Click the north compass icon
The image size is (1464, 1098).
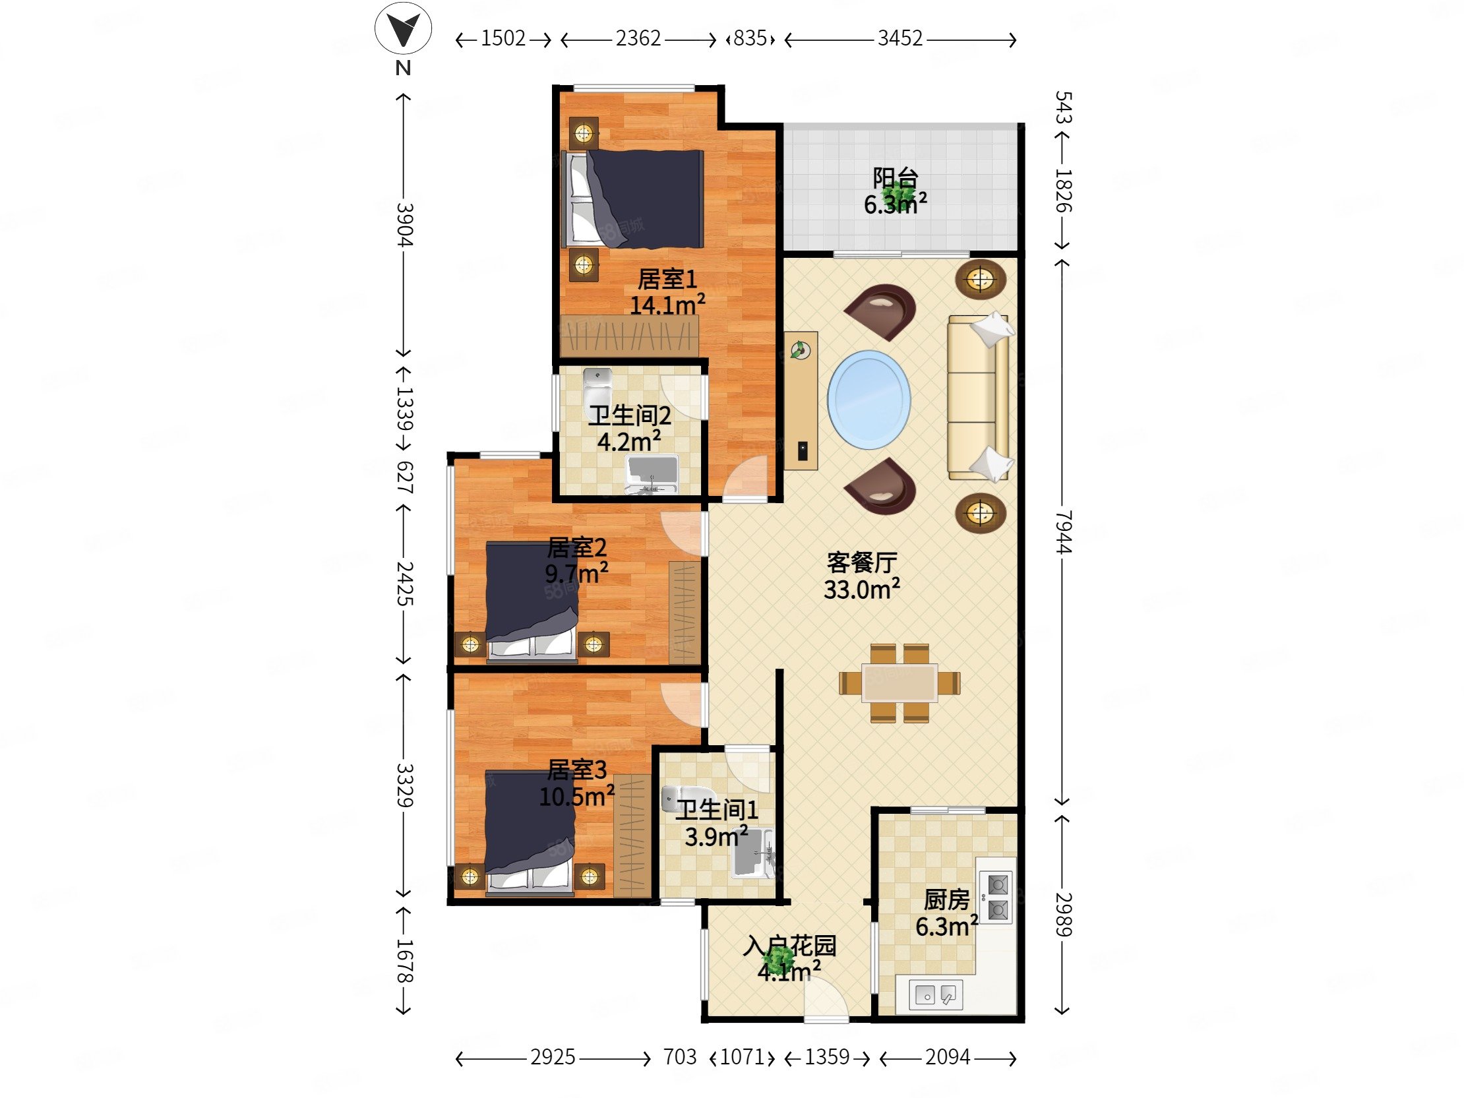[x=403, y=30]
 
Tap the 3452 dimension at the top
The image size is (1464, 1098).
[x=900, y=38]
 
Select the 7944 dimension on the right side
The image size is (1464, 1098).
[x=1063, y=532]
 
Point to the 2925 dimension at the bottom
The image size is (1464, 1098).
[x=553, y=1057]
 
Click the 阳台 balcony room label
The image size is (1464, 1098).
[x=895, y=178]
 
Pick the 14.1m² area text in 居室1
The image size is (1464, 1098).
[x=667, y=305]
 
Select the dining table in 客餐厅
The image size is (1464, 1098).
[x=900, y=683]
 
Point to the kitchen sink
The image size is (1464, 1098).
[x=935, y=994]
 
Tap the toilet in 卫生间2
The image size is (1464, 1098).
[x=597, y=384]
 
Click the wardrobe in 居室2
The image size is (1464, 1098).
[x=685, y=612]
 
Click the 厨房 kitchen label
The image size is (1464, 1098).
[x=946, y=900]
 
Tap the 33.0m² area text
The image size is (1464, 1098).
[x=862, y=589]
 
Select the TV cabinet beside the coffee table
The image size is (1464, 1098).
[x=801, y=400]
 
